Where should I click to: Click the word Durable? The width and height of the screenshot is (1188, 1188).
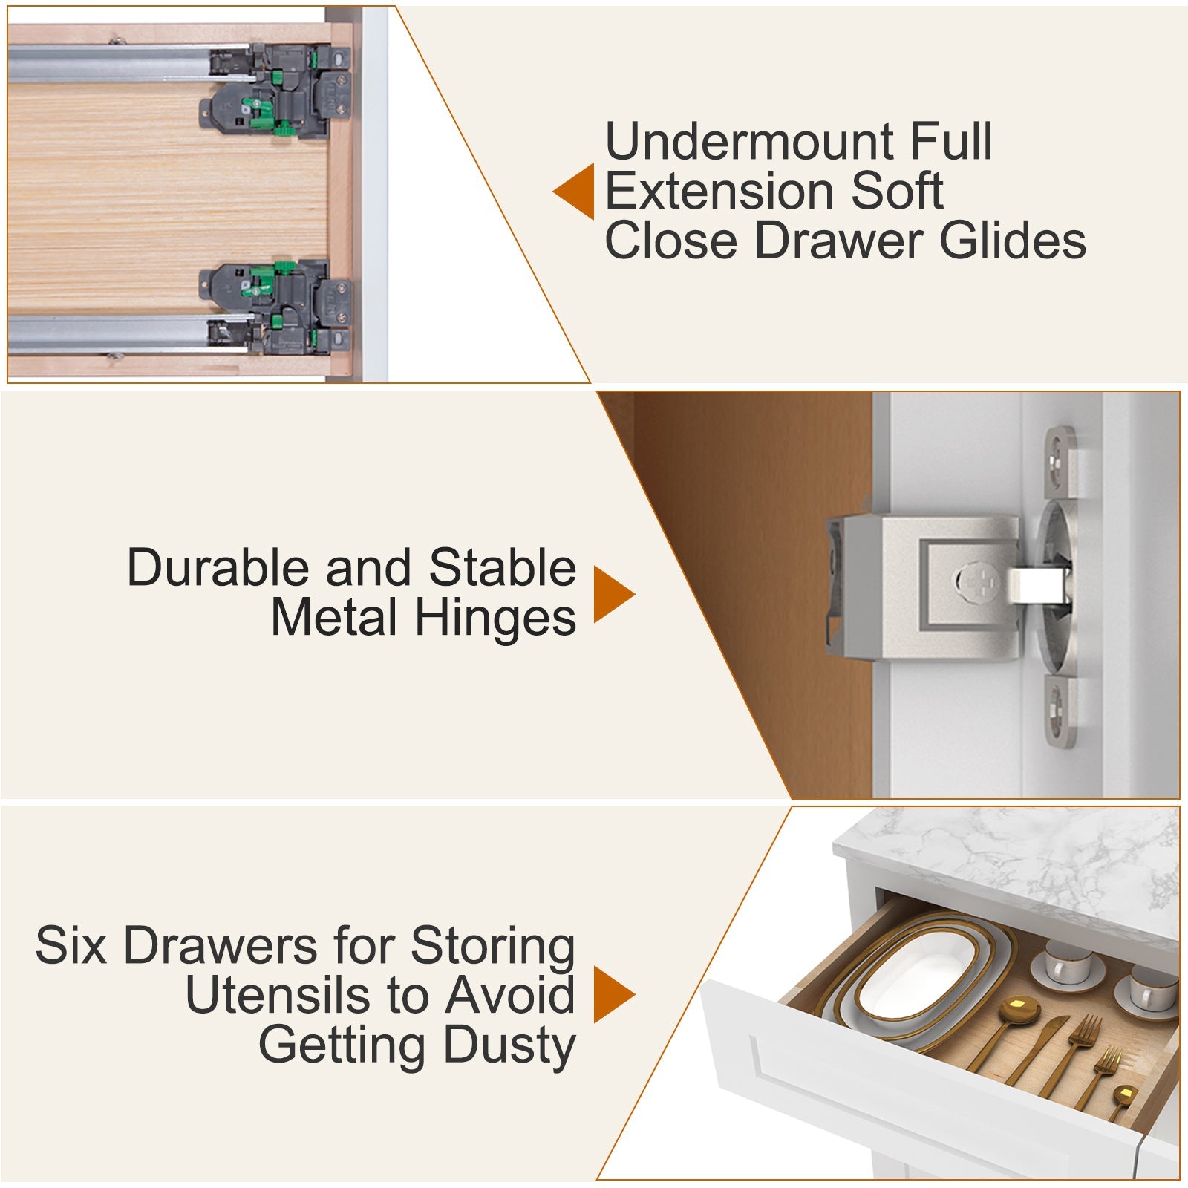218,568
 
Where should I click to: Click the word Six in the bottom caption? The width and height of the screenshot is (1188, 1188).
71,946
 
